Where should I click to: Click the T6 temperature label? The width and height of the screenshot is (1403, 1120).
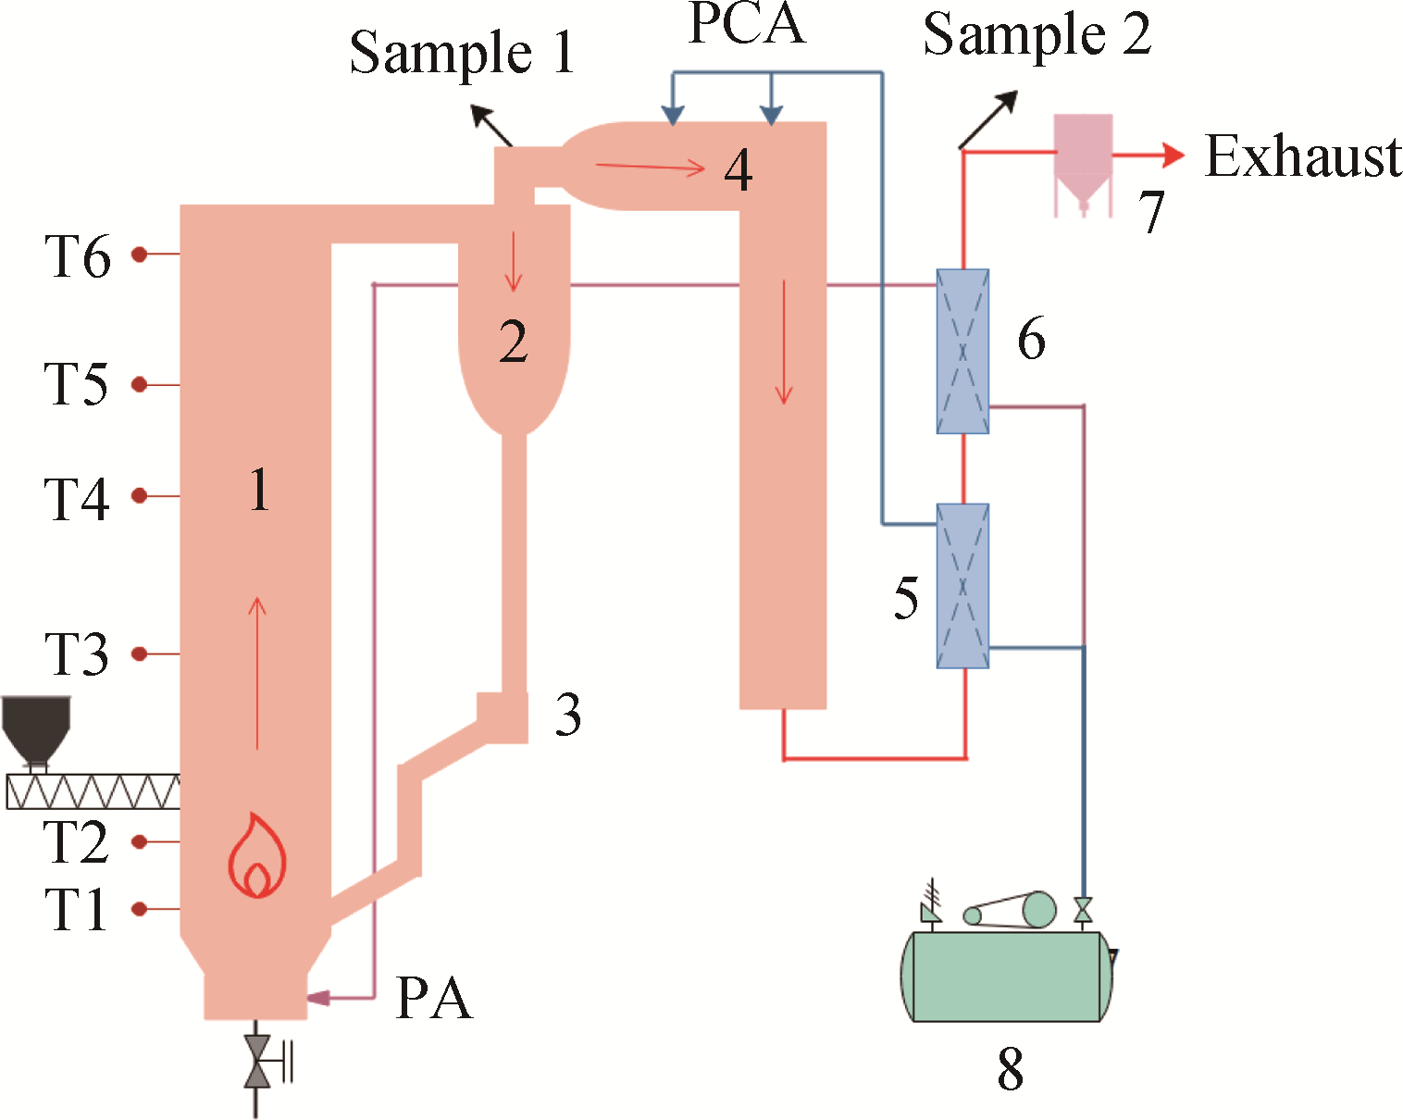point(78,256)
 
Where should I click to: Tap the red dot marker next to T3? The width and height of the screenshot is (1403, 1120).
point(140,654)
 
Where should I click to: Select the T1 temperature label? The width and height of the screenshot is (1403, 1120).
point(76,910)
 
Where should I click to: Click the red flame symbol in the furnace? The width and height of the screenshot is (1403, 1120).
point(257,856)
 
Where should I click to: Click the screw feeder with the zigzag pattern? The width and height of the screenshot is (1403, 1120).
point(93,792)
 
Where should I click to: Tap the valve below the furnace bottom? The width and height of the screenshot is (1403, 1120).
point(257,1061)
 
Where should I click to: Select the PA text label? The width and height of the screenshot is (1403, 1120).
point(434,998)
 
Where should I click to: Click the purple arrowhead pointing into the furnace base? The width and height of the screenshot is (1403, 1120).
point(318,998)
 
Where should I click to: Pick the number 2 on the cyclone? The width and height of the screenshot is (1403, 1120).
point(514,342)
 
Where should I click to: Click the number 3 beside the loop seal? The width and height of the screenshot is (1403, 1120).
point(568,715)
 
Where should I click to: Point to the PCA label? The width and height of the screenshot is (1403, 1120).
point(747,24)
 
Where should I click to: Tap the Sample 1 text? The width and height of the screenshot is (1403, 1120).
point(462,52)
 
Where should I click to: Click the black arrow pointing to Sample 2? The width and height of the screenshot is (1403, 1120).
point(988,119)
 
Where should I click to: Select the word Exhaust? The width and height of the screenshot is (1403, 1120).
point(1303,156)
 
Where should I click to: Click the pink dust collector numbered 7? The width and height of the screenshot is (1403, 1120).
point(1083,162)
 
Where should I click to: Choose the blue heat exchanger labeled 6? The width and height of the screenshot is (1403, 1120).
point(962,352)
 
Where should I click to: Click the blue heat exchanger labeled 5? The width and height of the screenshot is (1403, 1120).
point(962,586)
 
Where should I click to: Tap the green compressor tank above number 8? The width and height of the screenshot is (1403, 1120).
point(1007,977)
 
